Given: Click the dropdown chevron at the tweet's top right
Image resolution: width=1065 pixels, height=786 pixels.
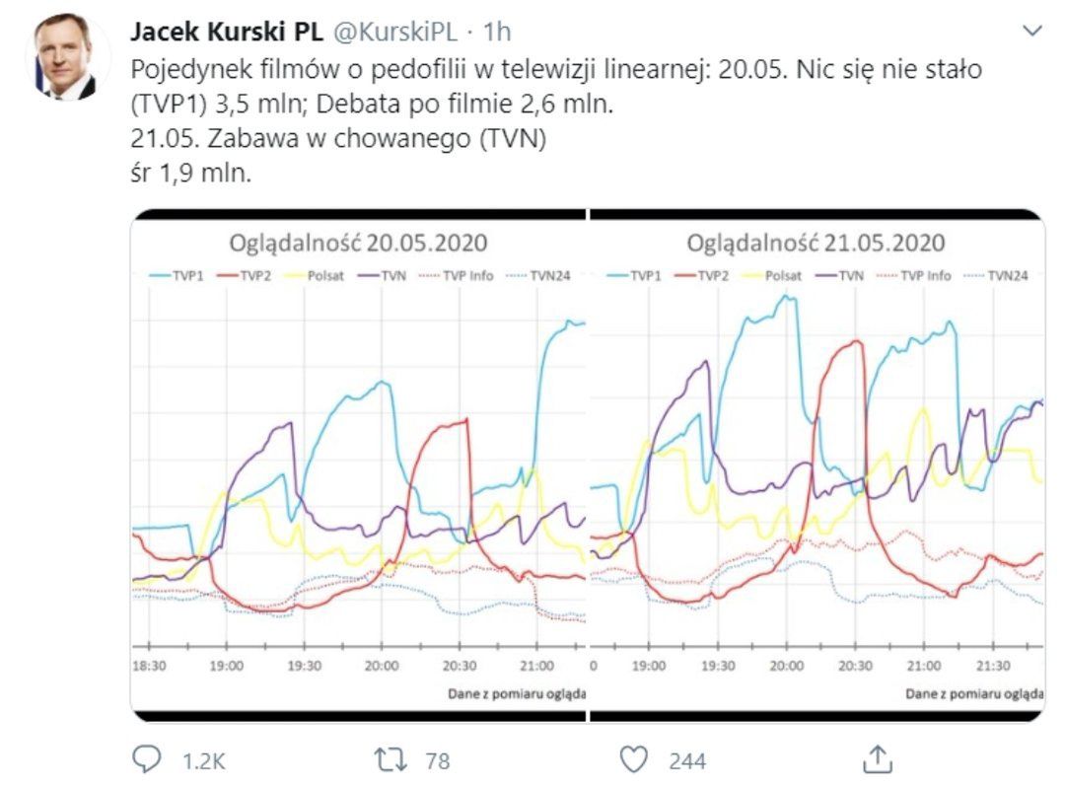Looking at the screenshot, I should pos(1032,32).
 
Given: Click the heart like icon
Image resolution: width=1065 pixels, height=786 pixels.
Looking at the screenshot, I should pos(634,759).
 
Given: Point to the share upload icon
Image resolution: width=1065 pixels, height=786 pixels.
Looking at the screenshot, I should pos(876,758).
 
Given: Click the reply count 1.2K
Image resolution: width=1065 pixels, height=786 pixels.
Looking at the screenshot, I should pos(205,760).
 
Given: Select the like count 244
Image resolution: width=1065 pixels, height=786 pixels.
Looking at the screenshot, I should pos(686,760).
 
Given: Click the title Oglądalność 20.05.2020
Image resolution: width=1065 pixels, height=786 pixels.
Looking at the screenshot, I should pos(358,243).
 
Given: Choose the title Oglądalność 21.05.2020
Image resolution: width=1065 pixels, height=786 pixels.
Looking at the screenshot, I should pos(816,243).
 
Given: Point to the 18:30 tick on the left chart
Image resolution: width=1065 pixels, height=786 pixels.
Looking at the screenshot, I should pos(150,667).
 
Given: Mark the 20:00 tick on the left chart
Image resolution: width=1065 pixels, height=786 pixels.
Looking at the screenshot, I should pos(381,667).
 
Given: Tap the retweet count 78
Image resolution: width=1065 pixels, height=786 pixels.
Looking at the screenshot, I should pos(438,760).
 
